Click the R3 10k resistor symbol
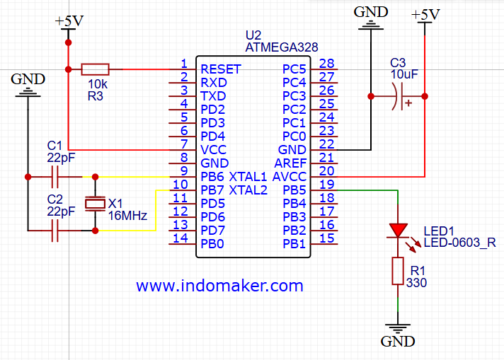tap(96, 69)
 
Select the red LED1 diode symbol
tap(398, 231)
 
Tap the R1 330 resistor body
tap(398, 272)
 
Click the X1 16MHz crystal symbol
tap(95, 204)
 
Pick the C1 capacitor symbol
tap(55, 176)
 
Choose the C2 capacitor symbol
tap(55, 230)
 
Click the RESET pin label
tap(221, 69)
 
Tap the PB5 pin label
tap(294, 190)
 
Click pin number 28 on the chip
tap(326, 64)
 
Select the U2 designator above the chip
tap(253, 35)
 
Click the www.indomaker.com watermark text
tap(219, 286)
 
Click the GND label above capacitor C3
tap(371, 12)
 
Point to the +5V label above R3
tap(69, 21)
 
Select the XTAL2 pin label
tap(248, 190)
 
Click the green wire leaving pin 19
tap(368, 190)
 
